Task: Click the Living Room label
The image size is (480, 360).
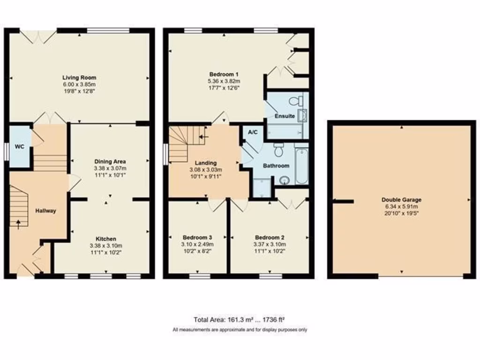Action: [x=79, y=77]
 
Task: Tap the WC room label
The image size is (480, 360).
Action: [x=19, y=146]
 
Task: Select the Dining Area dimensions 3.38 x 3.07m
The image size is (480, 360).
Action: [x=110, y=168]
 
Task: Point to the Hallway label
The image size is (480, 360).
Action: [x=45, y=211]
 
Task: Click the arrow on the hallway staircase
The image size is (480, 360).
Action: [x=18, y=224]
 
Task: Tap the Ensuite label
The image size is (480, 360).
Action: [x=285, y=116]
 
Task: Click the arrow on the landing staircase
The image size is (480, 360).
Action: [x=202, y=137]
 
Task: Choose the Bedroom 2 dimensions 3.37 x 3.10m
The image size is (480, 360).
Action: [x=270, y=244]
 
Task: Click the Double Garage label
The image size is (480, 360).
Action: [x=401, y=199]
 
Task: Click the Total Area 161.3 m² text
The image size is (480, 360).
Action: [x=240, y=320]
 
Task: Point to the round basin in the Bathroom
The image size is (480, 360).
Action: [x=285, y=180]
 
